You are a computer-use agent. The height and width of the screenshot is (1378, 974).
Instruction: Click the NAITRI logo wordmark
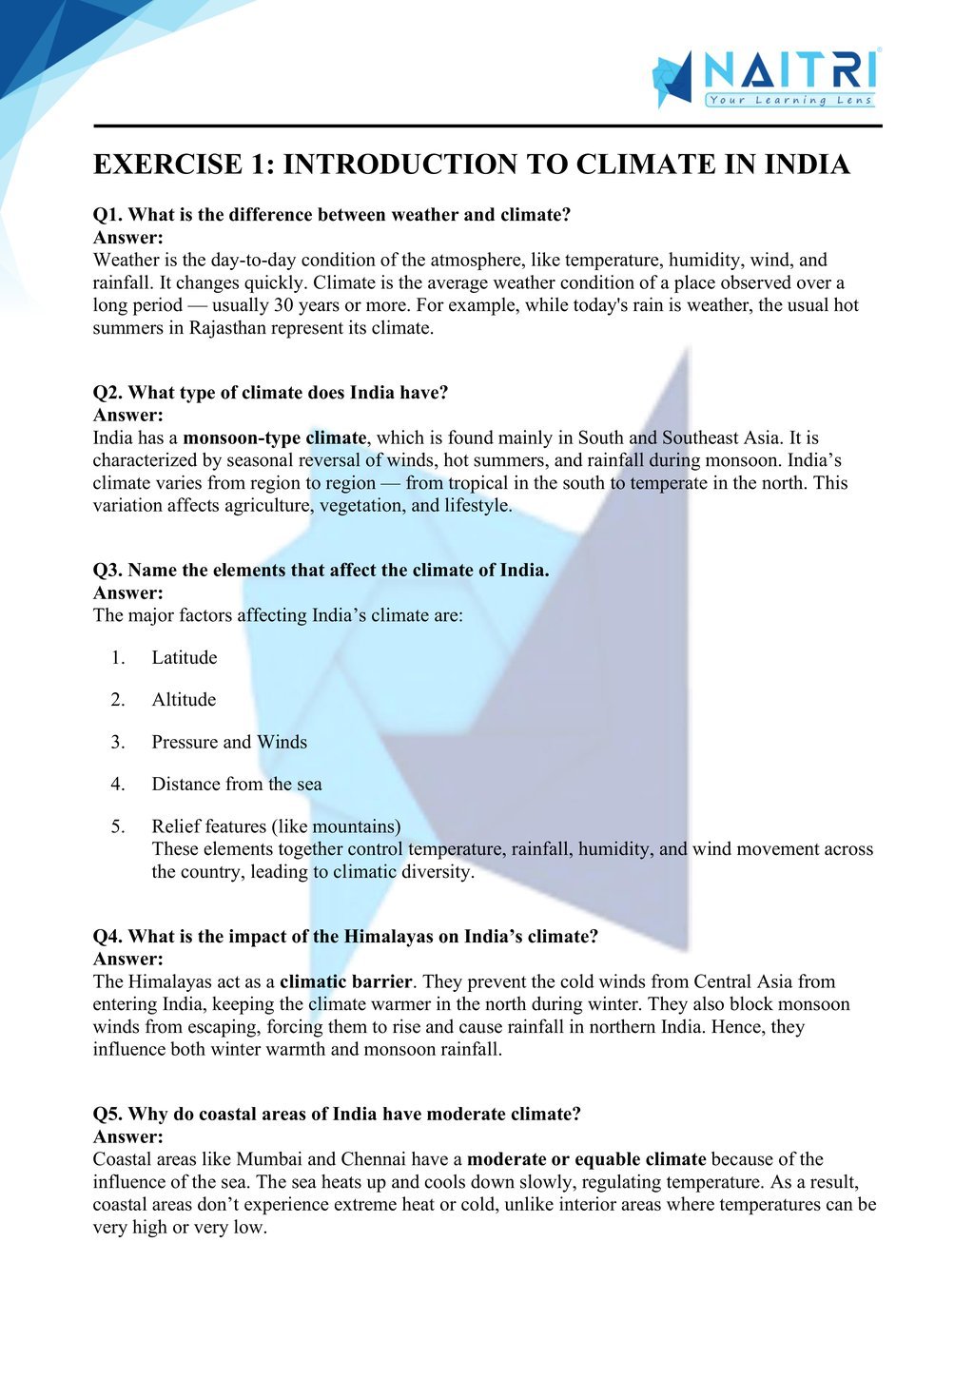(789, 71)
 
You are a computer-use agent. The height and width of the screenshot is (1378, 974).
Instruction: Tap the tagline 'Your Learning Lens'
(789, 100)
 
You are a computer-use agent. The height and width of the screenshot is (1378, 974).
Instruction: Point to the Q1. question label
(107, 215)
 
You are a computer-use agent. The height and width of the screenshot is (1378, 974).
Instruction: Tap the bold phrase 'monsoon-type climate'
(274, 438)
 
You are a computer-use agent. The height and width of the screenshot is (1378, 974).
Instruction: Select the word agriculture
(268, 506)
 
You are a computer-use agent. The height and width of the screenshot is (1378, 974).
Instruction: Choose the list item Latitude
(185, 658)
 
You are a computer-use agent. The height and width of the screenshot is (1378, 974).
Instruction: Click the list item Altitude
(184, 700)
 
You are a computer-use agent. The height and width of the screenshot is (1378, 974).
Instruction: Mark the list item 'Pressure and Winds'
(229, 743)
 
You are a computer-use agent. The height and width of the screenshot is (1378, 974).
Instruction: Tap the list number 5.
(117, 826)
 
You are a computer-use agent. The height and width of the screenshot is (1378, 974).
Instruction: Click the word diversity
(436, 872)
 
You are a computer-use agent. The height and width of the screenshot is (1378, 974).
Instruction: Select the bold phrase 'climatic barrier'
(345, 981)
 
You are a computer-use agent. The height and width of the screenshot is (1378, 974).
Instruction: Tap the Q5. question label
(107, 1114)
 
